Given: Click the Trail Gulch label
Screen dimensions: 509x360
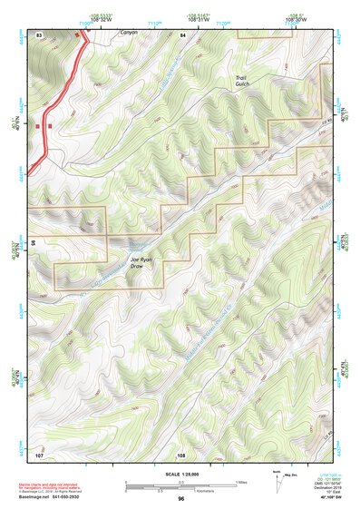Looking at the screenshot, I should (242, 83).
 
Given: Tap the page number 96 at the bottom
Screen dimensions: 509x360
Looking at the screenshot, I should (181, 499).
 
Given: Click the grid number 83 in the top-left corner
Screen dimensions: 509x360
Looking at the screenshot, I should (39, 34).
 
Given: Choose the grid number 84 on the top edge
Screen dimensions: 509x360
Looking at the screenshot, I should (182, 34).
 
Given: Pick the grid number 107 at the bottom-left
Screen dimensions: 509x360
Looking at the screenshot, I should (39, 454).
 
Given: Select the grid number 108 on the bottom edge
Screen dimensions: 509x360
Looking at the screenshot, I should (181, 455).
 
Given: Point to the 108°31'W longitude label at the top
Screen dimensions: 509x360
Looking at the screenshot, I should (199, 19).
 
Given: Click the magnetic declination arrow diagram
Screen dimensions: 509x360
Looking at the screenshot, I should (275, 482).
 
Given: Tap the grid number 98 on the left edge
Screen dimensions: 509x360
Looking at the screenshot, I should (33, 243).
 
